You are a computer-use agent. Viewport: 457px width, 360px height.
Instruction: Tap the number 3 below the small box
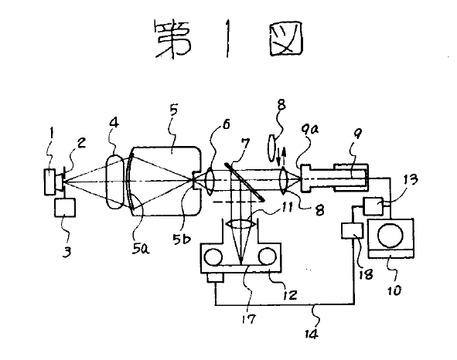[67, 252]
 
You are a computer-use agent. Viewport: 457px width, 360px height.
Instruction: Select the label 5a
[141, 249]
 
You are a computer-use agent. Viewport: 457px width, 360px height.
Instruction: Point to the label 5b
[183, 239]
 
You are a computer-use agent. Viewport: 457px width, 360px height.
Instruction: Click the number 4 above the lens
[114, 123]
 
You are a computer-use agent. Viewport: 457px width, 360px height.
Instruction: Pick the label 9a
[310, 130]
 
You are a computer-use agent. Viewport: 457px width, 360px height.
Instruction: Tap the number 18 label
[367, 273]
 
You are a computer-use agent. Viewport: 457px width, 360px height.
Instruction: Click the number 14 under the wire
[312, 334]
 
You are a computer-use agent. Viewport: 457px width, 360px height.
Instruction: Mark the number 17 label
[248, 319]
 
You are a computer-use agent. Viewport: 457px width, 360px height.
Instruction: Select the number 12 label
[290, 295]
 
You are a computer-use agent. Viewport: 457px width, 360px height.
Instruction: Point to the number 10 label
[394, 290]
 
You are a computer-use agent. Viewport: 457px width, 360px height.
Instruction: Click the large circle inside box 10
[390, 235]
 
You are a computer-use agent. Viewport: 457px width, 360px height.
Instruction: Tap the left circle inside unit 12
[213, 257]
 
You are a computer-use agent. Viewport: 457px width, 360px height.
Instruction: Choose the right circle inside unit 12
[268, 256]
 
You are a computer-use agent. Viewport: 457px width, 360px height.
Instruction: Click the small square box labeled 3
[65, 207]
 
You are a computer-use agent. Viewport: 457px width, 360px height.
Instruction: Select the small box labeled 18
[352, 231]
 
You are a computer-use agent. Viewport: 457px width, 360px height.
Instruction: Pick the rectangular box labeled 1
[49, 182]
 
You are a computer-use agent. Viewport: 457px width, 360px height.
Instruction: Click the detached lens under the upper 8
[271, 148]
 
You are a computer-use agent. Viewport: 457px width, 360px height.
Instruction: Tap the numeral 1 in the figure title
[227, 39]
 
